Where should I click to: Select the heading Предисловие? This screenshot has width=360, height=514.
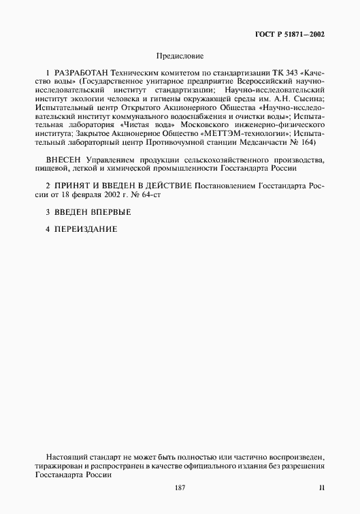180,56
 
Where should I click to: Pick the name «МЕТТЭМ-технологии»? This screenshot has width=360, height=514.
248,135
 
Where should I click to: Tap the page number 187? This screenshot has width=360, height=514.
180,488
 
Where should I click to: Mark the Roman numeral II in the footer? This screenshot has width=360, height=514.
323,488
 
